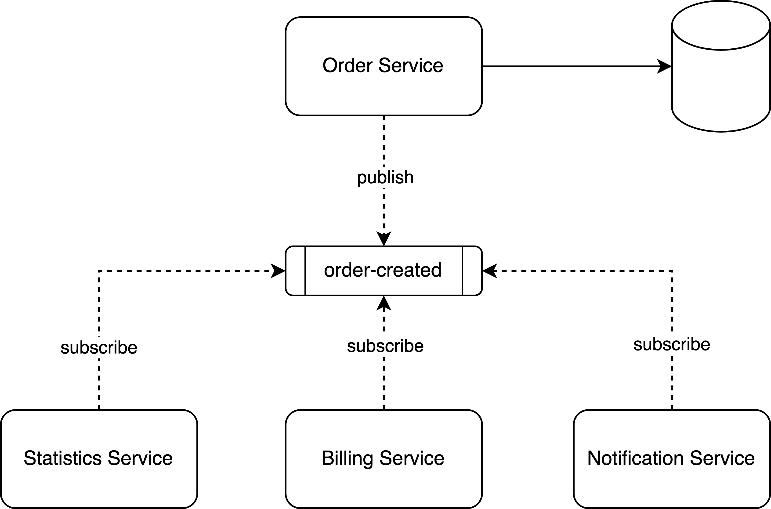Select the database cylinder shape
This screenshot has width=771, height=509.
pyautogui.click(x=721, y=91)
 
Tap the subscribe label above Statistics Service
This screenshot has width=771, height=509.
pyautogui.click(x=99, y=348)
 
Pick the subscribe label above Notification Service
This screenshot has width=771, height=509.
pyautogui.click(x=672, y=344)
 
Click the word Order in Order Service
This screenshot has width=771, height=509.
pyautogui.click(x=347, y=65)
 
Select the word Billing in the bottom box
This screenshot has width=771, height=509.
pyautogui.click(x=347, y=458)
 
